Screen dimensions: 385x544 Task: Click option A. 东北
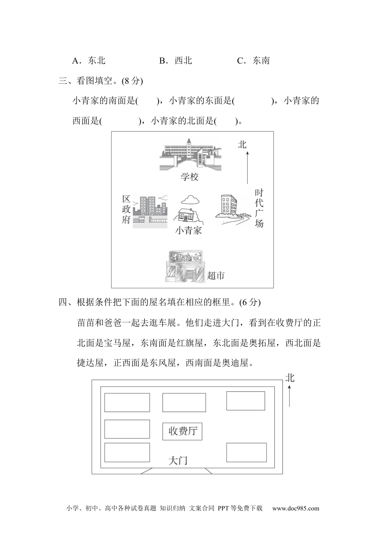click(89, 60)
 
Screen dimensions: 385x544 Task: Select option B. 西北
click(175, 60)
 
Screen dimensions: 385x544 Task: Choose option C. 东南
click(253, 60)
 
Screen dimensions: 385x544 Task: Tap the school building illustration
click(190, 154)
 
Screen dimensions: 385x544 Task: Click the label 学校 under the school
click(190, 177)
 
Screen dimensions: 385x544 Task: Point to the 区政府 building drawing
click(150, 211)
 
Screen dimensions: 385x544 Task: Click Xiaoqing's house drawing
click(188, 215)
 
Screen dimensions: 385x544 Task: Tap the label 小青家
click(188, 230)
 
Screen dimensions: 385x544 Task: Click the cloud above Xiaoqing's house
click(190, 200)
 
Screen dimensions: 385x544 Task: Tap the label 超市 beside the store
click(216, 276)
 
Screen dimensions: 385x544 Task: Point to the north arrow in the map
click(247, 168)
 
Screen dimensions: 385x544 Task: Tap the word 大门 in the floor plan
click(178, 461)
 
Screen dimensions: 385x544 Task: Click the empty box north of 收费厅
click(184, 402)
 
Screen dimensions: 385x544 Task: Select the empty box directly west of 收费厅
click(127, 429)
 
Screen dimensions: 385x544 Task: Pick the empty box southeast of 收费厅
click(246, 453)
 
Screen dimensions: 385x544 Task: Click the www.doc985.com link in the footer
click(296, 508)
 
